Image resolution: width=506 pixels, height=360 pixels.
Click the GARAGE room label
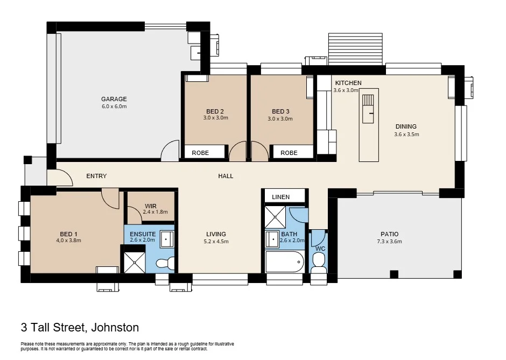pos(114,99)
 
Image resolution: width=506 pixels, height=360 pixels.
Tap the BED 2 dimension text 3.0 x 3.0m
pos(215,118)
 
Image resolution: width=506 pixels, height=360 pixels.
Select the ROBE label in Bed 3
pos(289,153)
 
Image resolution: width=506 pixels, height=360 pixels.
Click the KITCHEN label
pos(348,83)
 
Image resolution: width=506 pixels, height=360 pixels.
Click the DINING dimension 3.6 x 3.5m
pos(406,135)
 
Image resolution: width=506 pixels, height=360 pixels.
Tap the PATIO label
pos(389,234)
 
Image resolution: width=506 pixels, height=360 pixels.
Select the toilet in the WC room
pos(319,262)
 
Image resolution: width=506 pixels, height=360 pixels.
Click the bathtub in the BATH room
pos(285,262)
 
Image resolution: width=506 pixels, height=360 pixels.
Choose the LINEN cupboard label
pos(280,197)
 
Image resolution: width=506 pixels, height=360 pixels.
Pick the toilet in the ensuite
pos(164,263)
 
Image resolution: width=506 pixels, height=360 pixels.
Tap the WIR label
pos(150,206)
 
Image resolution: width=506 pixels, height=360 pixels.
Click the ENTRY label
pos(96,176)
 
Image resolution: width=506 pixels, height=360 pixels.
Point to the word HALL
pos(226,176)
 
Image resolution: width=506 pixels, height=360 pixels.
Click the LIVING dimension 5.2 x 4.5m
pos(216,242)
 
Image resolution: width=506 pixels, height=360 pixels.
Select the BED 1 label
pos(68,234)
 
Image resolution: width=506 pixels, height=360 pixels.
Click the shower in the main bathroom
pos(276,217)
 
